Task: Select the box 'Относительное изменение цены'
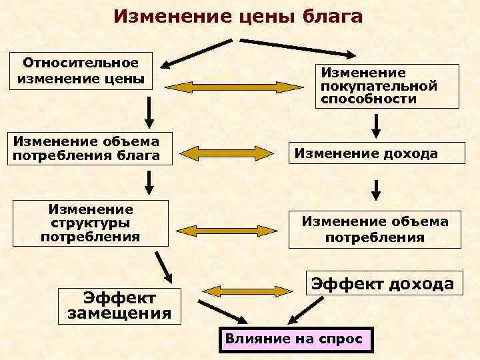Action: click(83, 71)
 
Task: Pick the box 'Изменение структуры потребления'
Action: click(90, 223)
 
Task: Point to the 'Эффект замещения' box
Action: click(119, 305)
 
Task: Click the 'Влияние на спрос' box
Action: click(294, 339)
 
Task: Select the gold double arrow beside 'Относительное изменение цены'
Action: click(235, 87)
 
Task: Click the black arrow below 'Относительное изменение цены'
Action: click(149, 113)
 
